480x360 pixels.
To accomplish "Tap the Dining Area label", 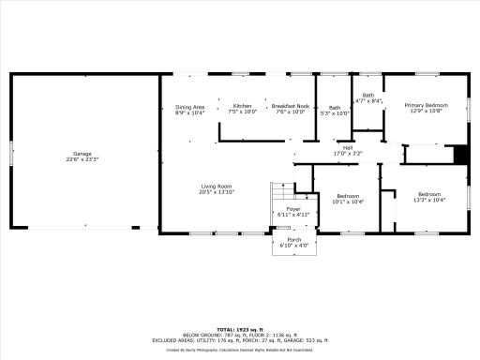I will (x=190, y=107).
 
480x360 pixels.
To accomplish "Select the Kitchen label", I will (x=243, y=106).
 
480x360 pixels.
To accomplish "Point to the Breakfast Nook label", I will (x=289, y=106).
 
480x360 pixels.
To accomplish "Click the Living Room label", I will (x=216, y=187).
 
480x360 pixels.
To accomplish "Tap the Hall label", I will (x=347, y=146).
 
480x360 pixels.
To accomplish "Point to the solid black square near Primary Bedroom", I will (x=459, y=155).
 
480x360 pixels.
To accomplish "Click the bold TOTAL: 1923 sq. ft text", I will (x=239, y=329).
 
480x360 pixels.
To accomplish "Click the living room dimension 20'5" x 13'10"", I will (x=216, y=192).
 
